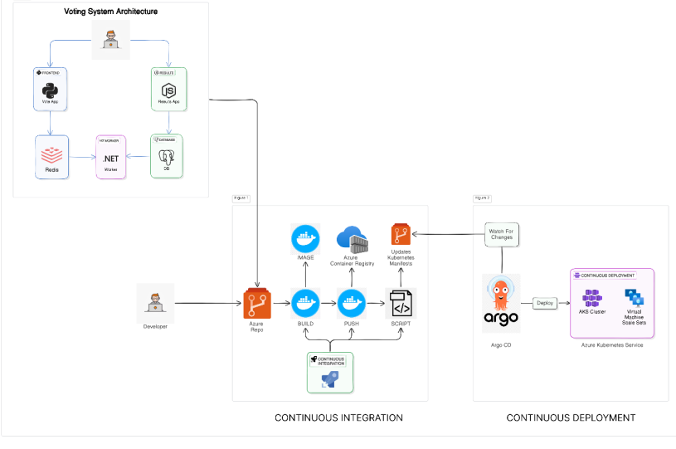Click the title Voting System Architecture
click(111, 12)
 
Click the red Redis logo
click(51, 153)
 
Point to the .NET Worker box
click(110, 156)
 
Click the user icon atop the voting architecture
click(110, 38)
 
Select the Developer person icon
click(155, 303)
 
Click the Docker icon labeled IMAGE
click(305, 238)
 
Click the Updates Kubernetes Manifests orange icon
click(401, 234)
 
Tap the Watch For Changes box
click(501, 234)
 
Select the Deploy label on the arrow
click(544, 303)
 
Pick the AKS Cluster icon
click(592, 298)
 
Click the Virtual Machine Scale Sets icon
click(635, 297)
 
